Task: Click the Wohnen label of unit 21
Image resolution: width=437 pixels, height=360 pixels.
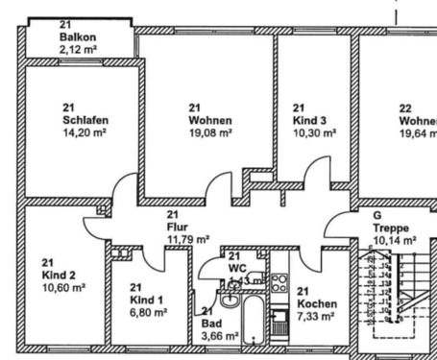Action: tap(209, 121)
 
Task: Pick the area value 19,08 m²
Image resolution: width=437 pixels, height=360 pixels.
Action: tap(209, 133)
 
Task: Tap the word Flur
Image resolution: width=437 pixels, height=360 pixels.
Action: tap(177, 227)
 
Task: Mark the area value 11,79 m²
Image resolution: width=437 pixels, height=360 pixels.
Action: tap(187, 239)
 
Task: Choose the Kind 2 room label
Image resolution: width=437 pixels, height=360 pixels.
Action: tap(61, 275)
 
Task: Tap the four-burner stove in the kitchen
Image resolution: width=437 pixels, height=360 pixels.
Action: tap(279, 282)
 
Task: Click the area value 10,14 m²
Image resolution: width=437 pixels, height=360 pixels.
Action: tap(395, 240)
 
